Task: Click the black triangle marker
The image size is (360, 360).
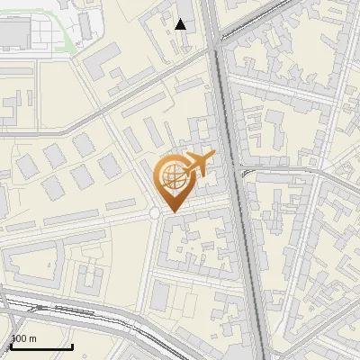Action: (181, 24)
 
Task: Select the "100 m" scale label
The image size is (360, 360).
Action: (22, 339)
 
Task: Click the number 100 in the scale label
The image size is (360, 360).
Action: (18, 339)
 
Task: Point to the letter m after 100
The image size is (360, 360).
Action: (32, 339)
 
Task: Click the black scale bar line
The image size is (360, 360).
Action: (40, 346)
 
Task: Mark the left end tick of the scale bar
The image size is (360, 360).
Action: (10, 345)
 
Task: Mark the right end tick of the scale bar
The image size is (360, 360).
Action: (72, 345)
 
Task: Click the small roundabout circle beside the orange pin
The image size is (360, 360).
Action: (155, 212)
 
